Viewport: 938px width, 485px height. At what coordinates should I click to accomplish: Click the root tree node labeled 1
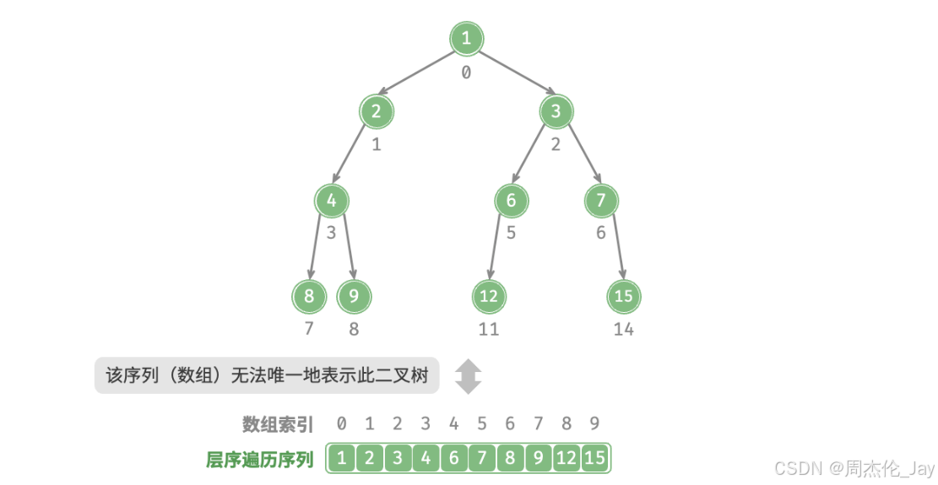[x=466, y=38]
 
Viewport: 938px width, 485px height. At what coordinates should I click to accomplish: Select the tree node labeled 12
[x=489, y=296]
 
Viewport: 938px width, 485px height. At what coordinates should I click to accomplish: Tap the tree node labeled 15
[x=624, y=296]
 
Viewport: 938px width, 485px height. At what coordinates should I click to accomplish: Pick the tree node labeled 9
[x=354, y=296]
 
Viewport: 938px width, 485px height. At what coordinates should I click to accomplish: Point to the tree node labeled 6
[x=511, y=201]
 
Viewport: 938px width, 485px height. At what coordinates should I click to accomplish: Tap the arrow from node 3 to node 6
[x=533, y=156]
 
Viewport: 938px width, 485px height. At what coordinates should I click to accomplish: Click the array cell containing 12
[x=566, y=459]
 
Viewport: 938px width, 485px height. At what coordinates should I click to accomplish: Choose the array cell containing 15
[x=594, y=459]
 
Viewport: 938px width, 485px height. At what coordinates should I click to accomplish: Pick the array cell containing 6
[x=453, y=459]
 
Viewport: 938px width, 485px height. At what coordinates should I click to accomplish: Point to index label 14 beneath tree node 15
[x=624, y=330]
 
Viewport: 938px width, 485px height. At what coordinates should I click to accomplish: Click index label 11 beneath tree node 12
[x=489, y=330]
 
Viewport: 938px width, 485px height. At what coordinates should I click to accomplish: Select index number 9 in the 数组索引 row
[x=594, y=423]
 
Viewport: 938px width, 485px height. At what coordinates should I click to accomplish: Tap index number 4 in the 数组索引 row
[x=453, y=423]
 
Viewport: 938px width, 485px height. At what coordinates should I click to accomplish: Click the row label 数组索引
[x=277, y=423]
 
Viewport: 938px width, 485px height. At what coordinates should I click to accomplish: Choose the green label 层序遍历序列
[x=260, y=460]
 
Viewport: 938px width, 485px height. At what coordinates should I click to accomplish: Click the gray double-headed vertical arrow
[x=468, y=376]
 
